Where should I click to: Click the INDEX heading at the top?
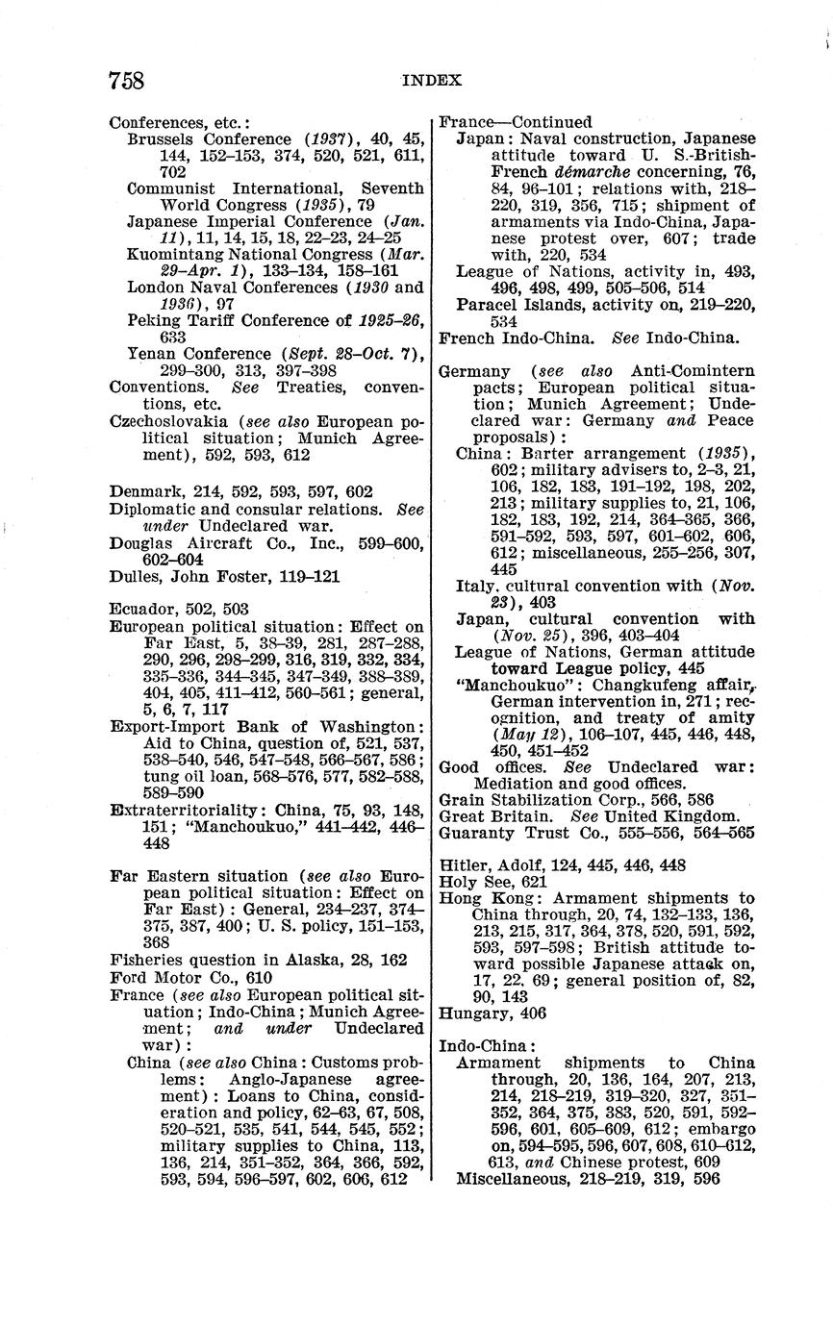431,81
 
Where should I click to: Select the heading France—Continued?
515,122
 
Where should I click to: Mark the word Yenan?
153,354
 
